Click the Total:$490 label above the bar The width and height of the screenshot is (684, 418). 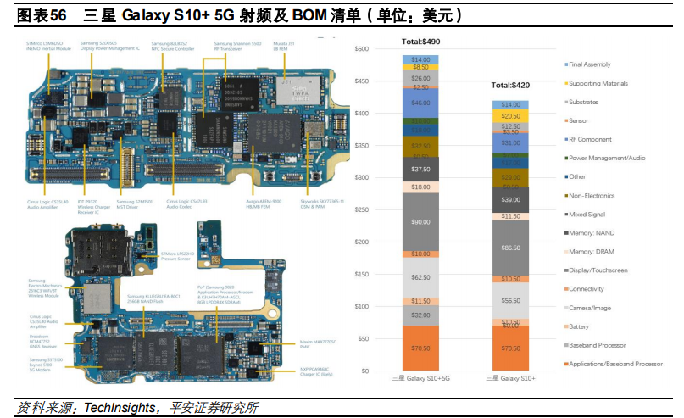pos(420,42)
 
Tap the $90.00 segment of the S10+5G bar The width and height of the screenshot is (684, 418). pos(420,221)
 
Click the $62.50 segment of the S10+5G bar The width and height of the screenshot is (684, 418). pos(420,277)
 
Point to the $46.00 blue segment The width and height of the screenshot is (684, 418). pos(420,103)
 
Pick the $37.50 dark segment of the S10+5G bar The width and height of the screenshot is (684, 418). pos(420,169)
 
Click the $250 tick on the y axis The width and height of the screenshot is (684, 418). pos(363,209)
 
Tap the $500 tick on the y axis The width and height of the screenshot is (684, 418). pos(363,49)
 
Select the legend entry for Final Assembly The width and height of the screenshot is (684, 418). pos(590,64)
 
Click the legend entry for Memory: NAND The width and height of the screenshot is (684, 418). pos(593,232)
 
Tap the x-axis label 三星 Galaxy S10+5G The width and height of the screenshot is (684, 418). pos(420,378)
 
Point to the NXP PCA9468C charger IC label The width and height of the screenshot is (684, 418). pos(319,371)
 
